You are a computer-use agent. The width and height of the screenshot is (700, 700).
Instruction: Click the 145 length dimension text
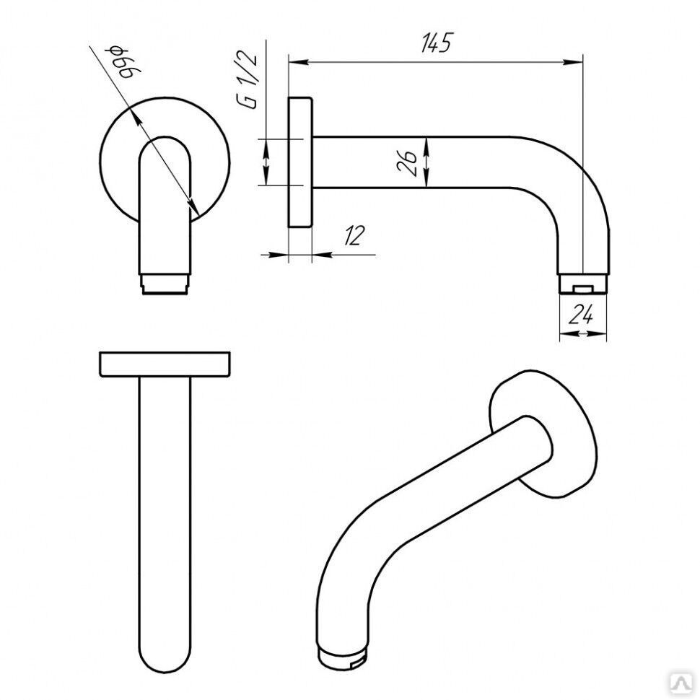click(x=436, y=43)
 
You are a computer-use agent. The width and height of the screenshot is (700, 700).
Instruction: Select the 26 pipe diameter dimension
click(x=407, y=162)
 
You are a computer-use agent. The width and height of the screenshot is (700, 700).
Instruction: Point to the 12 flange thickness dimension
click(x=354, y=236)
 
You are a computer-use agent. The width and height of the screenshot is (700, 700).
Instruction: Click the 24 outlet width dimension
click(x=581, y=315)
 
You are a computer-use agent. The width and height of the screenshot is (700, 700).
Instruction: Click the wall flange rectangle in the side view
click(x=300, y=162)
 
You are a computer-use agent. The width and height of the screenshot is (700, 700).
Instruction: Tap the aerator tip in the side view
click(x=583, y=284)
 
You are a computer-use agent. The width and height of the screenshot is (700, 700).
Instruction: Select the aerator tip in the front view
click(x=165, y=284)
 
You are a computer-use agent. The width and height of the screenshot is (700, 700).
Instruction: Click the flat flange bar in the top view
click(x=165, y=364)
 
